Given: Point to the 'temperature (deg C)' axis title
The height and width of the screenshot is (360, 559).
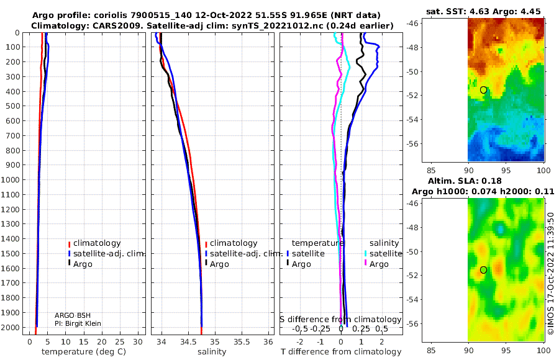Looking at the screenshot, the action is click(84, 352).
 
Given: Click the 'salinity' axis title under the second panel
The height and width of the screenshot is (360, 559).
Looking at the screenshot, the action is click(212, 352).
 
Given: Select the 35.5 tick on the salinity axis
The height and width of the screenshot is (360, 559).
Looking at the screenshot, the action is click(242, 341).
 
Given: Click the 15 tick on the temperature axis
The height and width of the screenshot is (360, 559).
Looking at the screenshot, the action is click(83, 341).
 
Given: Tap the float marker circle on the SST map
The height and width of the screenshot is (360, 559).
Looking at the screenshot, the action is click(483, 90).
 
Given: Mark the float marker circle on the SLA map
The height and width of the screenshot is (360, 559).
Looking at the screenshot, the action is click(483, 270).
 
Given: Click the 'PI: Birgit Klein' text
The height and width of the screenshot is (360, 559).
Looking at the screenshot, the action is click(78, 323).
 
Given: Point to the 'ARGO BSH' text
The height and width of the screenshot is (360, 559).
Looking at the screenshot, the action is click(73, 315).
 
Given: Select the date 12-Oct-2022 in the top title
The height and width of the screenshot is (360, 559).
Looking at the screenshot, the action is click(230, 16).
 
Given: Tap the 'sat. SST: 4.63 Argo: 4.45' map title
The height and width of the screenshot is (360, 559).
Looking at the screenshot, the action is click(483, 11).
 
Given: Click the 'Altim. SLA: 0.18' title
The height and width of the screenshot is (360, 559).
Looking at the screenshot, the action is click(465, 181).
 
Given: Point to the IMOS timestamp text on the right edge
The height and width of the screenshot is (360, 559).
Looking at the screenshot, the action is click(551, 274).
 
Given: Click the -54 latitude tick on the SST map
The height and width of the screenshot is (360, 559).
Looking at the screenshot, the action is click(415, 119).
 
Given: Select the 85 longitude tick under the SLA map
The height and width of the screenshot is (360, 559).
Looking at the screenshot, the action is click(431, 350).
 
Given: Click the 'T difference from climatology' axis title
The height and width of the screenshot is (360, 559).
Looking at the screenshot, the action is click(341, 352).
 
